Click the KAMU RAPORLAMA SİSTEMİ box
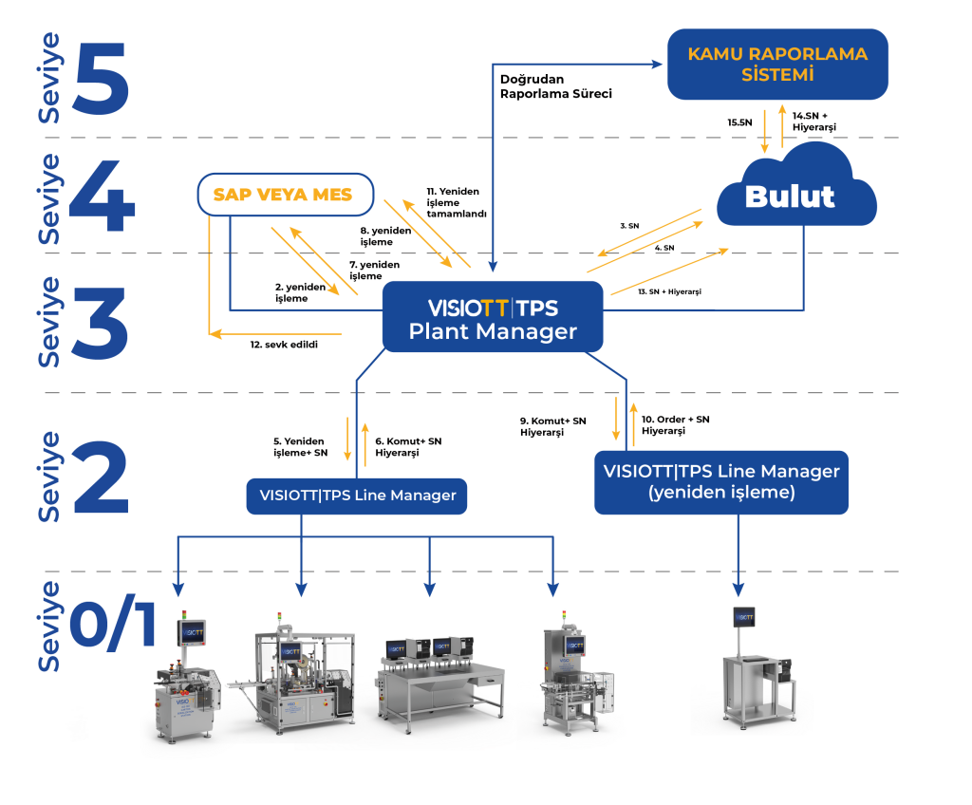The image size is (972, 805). (x=777, y=64)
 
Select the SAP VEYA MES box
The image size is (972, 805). (x=285, y=195)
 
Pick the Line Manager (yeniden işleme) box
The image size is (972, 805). (x=721, y=481)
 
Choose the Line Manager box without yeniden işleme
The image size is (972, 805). (x=357, y=496)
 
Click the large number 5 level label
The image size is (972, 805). (x=98, y=76)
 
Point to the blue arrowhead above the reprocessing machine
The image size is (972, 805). (x=738, y=590)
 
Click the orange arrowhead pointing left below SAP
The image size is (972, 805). (x=215, y=333)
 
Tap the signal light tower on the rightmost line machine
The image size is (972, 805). (x=562, y=616)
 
